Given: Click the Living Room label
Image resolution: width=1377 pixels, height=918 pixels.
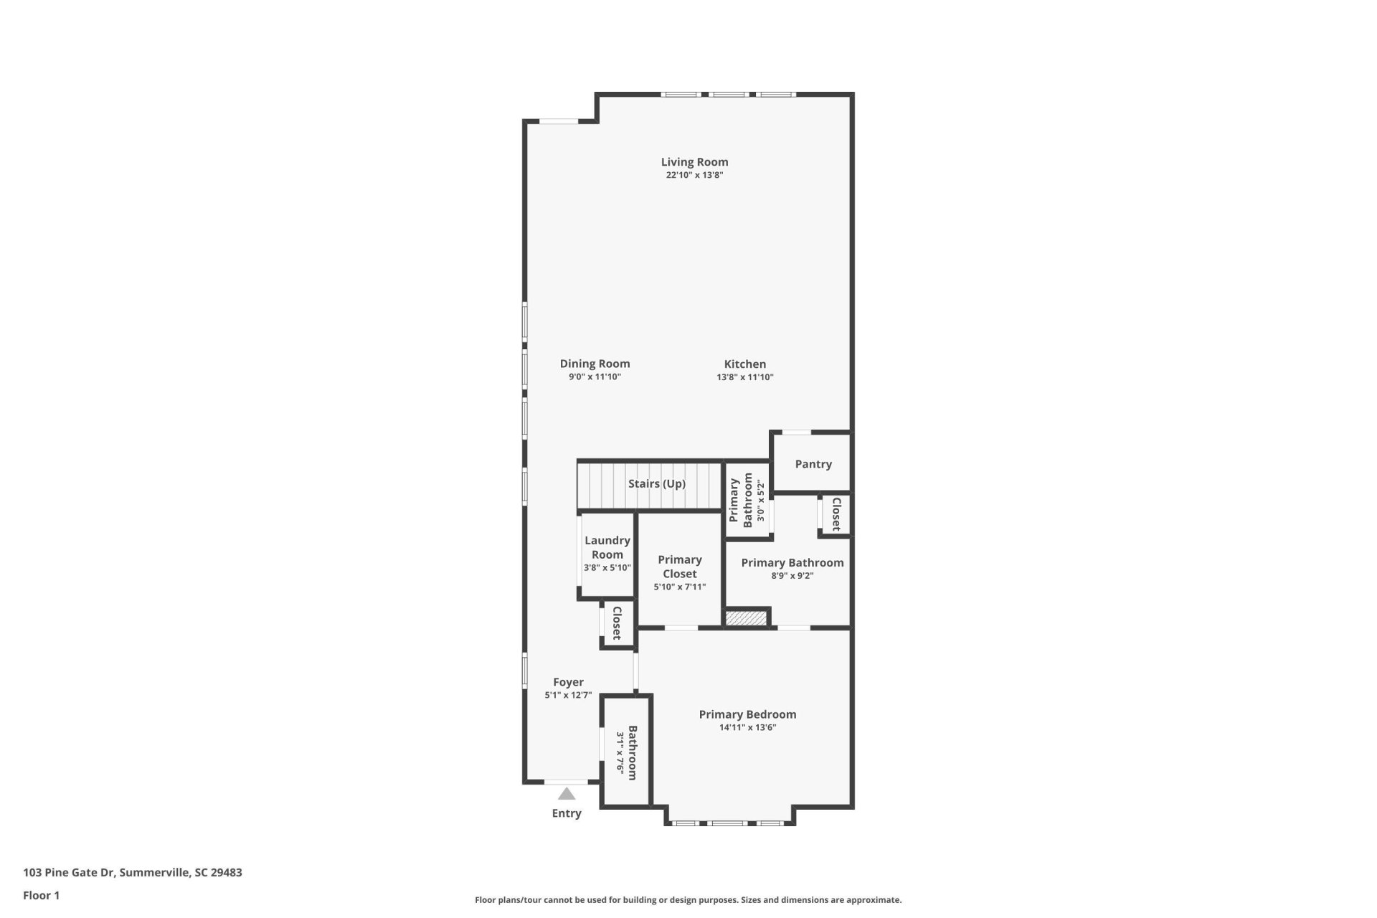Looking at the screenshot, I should coord(694,162).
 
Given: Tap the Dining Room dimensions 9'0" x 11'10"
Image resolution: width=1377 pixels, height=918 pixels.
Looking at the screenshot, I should coord(595,377).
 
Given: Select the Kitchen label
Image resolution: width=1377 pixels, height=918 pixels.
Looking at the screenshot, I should coord(744,364).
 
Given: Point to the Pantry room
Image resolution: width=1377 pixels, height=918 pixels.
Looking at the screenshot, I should coord(813,464).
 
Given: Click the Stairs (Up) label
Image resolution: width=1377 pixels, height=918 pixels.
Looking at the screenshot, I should coord(656,484).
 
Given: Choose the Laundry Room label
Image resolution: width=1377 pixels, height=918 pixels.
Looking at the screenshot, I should coord(607,547).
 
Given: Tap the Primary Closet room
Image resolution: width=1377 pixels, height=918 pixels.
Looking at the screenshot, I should coord(679,567).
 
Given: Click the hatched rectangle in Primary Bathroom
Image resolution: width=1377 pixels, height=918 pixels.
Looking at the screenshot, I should coord(747,617).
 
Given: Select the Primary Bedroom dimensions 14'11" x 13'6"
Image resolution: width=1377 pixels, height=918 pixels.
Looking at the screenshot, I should coord(747,728).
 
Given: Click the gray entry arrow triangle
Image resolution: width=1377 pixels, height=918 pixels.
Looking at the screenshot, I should coord(567,794).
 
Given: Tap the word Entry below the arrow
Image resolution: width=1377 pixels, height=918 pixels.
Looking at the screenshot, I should coord(567,813).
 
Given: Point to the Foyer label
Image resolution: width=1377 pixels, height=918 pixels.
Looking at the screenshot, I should coord(568,682).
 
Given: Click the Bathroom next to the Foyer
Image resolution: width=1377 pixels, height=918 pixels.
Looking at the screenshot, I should coord(626,752).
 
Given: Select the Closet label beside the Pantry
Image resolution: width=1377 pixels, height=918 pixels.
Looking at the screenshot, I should coord(836,514).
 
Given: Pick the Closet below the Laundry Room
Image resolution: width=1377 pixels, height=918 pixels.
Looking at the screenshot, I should coord(616,623).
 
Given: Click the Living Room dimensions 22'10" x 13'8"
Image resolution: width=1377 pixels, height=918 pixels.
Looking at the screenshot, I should coord(694,175).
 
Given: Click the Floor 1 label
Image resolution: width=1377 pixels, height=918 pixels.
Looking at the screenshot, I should coord(41,895).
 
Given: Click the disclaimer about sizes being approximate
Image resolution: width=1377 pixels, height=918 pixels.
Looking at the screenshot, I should coord(688,900).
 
